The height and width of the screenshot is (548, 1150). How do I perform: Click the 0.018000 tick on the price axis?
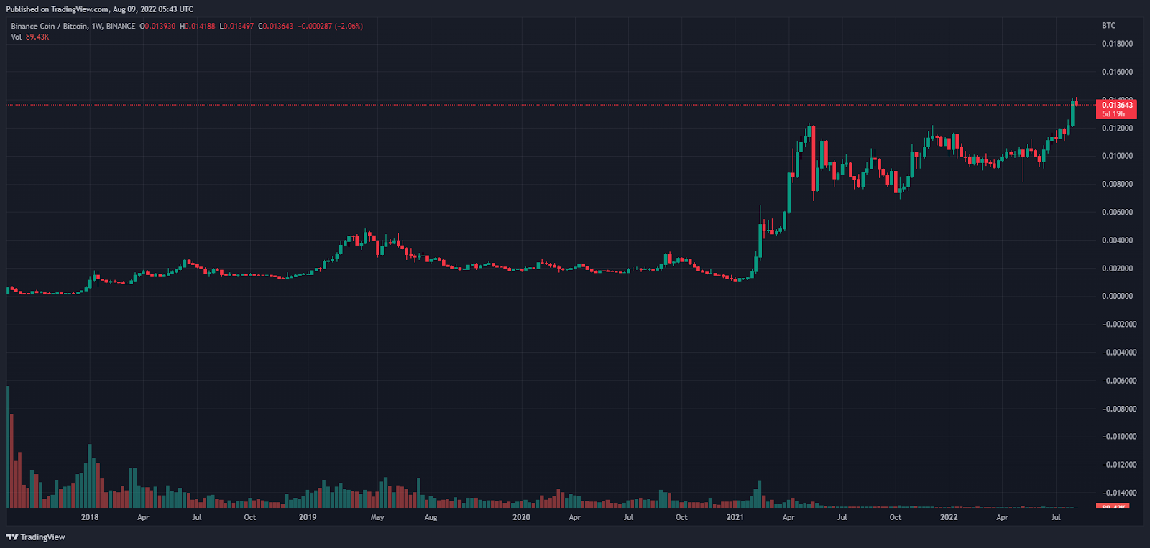tap(1117, 44)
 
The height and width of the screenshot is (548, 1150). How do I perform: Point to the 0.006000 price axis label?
tap(1117, 212)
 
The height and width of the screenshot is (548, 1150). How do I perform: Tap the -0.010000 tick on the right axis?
tap(1117, 437)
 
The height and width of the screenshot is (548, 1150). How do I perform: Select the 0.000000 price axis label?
tap(1117, 296)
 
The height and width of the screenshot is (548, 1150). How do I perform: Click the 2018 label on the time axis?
tap(90, 517)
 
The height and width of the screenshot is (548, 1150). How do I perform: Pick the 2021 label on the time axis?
tap(735, 517)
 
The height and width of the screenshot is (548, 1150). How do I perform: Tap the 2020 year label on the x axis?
tap(521, 517)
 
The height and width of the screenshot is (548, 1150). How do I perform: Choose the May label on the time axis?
tap(377, 517)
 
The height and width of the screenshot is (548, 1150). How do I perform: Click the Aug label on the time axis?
tap(431, 517)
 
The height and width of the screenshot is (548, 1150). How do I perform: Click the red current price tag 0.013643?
tap(1117, 106)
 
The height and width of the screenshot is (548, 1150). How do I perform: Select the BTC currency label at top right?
tap(1108, 26)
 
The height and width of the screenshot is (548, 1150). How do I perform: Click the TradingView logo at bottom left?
tap(36, 537)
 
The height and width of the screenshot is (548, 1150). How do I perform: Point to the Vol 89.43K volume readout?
tap(30, 37)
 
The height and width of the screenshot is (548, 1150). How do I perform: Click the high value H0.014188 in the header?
tap(198, 26)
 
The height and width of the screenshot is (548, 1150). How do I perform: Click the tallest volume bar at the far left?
tap(8, 445)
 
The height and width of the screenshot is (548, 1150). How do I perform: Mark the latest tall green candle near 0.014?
tap(1072, 113)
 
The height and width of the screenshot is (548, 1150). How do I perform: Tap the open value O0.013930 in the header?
tap(157, 26)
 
